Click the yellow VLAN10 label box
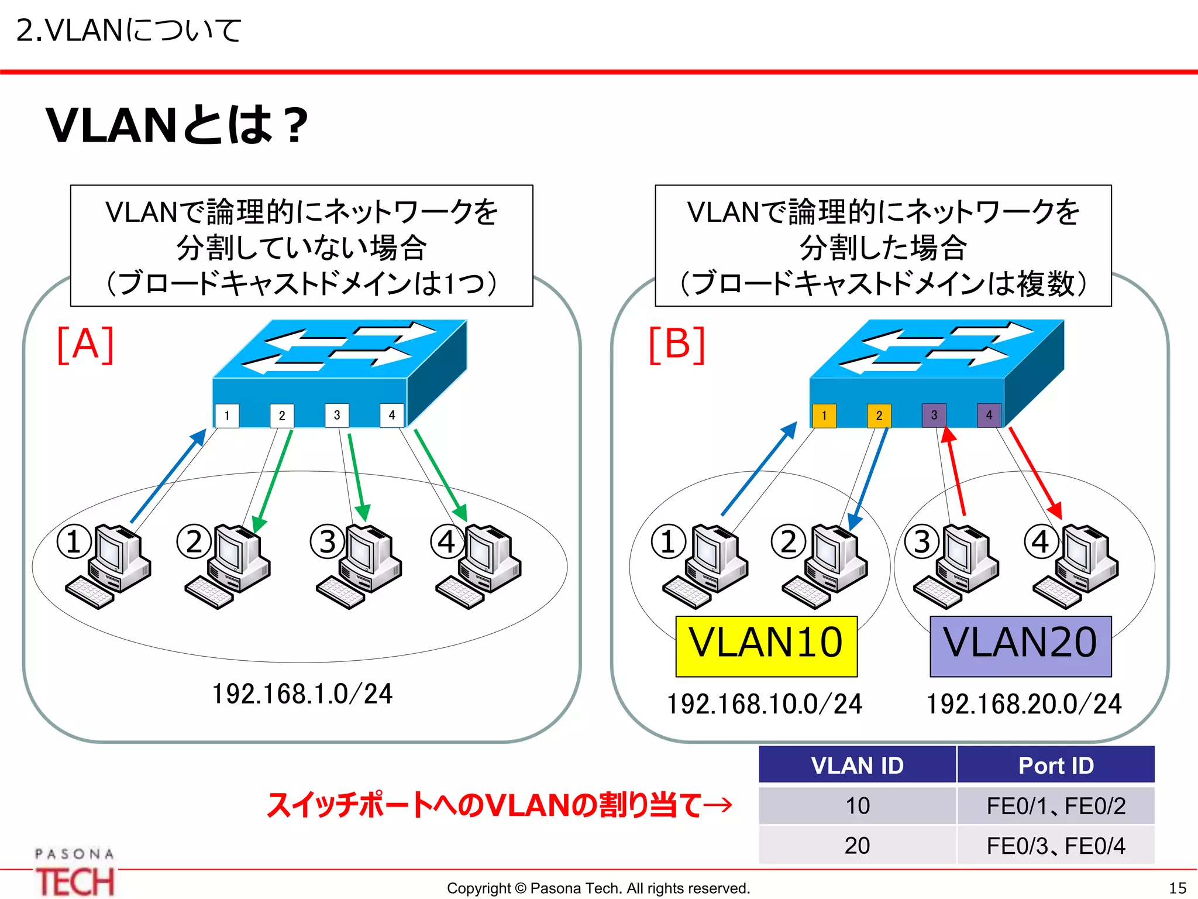point(766,646)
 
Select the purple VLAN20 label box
point(1020,646)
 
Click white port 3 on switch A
point(337,416)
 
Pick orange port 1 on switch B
point(824,416)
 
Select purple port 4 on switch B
point(989,416)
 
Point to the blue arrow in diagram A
point(168,475)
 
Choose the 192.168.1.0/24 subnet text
point(302,694)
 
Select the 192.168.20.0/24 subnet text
point(1024,704)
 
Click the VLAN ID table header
point(857,765)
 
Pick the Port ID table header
point(1056,765)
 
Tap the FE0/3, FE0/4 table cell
point(1056,846)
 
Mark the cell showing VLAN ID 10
point(857,806)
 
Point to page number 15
point(1178,888)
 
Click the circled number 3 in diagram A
point(327,541)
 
